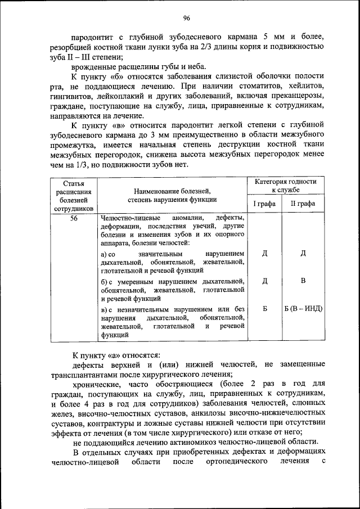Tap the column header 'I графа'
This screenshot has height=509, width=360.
click(264, 204)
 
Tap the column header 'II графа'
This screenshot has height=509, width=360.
click(303, 204)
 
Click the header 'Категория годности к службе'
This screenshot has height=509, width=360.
click(285, 187)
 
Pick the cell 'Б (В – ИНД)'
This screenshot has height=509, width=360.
click(303, 309)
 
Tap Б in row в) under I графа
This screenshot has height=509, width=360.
click(264, 309)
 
